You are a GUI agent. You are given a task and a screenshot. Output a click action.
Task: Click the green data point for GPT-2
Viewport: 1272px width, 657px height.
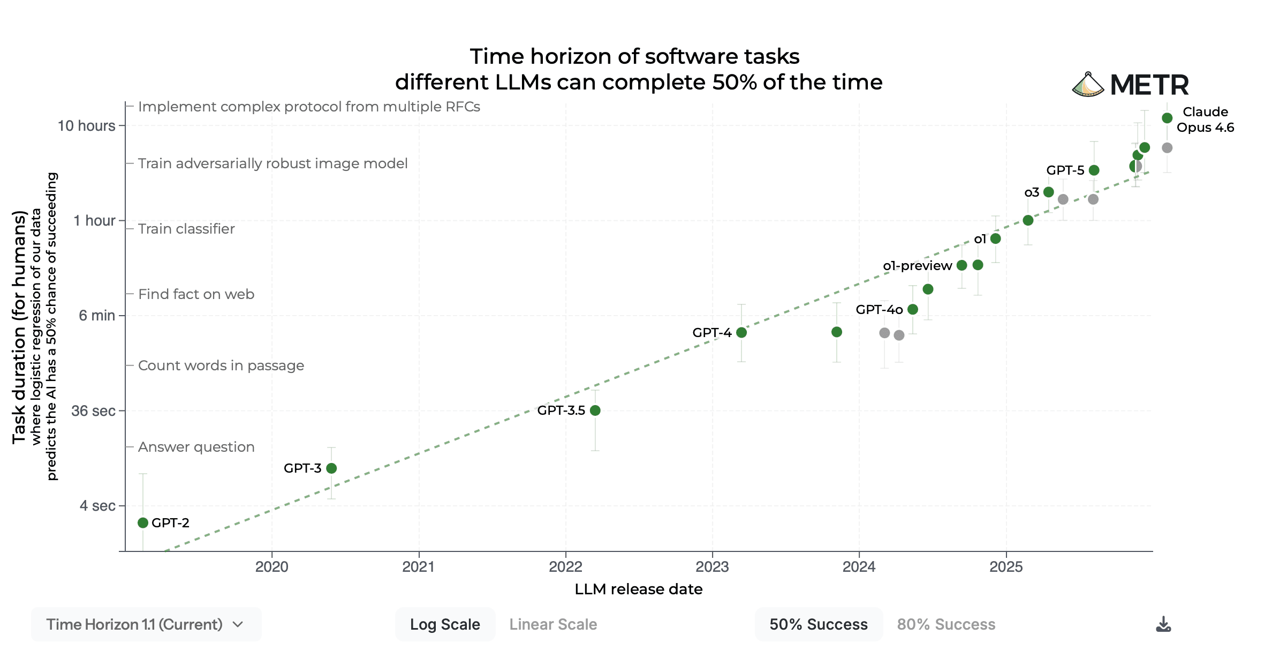point(142,523)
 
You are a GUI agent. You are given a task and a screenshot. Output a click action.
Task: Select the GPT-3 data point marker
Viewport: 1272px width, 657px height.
point(331,468)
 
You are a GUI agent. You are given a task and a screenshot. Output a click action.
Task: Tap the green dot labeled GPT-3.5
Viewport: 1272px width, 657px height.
point(595,410)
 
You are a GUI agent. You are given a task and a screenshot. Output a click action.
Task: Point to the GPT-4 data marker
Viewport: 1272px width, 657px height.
point(741,333)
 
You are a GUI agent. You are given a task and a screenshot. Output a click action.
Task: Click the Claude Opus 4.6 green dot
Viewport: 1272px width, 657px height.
point(1167,118)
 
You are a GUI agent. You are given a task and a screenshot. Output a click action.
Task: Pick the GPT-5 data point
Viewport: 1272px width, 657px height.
point(1094,170)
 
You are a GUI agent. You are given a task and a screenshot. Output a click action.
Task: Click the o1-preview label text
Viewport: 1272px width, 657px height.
point(917,266)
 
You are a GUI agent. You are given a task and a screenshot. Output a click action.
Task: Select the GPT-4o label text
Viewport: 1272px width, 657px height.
point(879,310)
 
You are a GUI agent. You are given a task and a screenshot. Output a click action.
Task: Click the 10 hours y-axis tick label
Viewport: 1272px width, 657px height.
point(86,126)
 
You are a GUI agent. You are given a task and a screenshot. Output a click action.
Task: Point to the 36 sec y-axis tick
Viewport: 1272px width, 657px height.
point(93,411)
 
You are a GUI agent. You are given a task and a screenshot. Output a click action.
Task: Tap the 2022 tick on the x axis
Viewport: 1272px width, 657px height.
point(565,567)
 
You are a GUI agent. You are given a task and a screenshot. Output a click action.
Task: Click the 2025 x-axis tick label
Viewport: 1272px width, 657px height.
point(1006,567)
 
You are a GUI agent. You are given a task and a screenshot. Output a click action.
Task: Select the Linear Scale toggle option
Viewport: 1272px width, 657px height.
point(553,624)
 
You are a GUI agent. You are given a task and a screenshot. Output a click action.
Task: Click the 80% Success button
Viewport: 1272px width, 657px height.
point(946,624)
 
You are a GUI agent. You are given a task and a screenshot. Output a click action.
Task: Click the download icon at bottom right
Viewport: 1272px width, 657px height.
point(1163,624)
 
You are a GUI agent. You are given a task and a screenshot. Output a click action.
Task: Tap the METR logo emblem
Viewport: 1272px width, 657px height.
point(1088,85)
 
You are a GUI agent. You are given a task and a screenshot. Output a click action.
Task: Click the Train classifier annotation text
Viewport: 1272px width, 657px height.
point(186,229)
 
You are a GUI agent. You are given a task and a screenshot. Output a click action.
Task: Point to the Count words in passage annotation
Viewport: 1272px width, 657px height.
point(221,365)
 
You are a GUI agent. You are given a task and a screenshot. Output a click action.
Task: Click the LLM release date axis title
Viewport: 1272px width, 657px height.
point(638,589)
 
